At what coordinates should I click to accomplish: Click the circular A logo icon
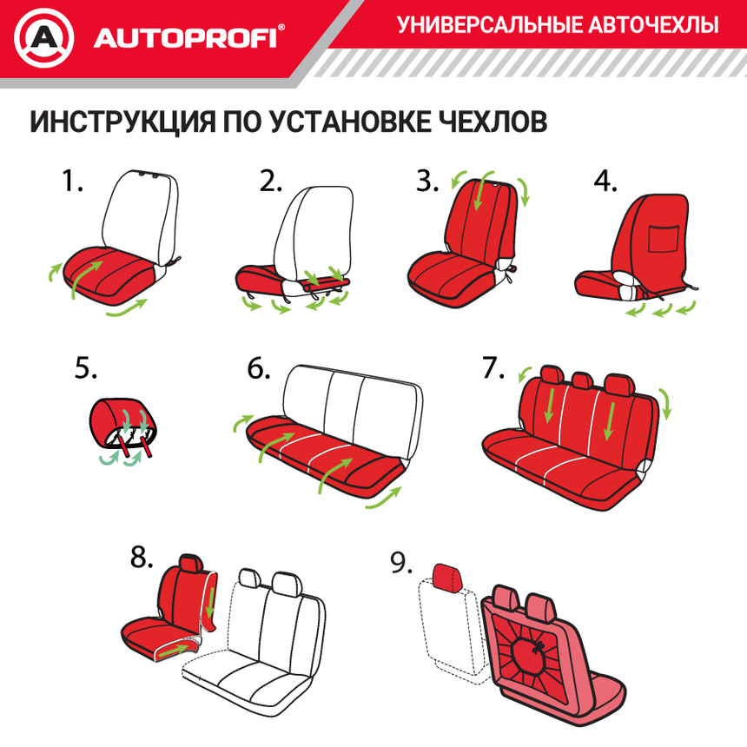tap(44, 37)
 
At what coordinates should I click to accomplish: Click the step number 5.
tap(85, 368)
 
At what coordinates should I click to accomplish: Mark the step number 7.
tap(492, 368)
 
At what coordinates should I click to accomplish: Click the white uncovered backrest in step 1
tap(141, 213)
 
